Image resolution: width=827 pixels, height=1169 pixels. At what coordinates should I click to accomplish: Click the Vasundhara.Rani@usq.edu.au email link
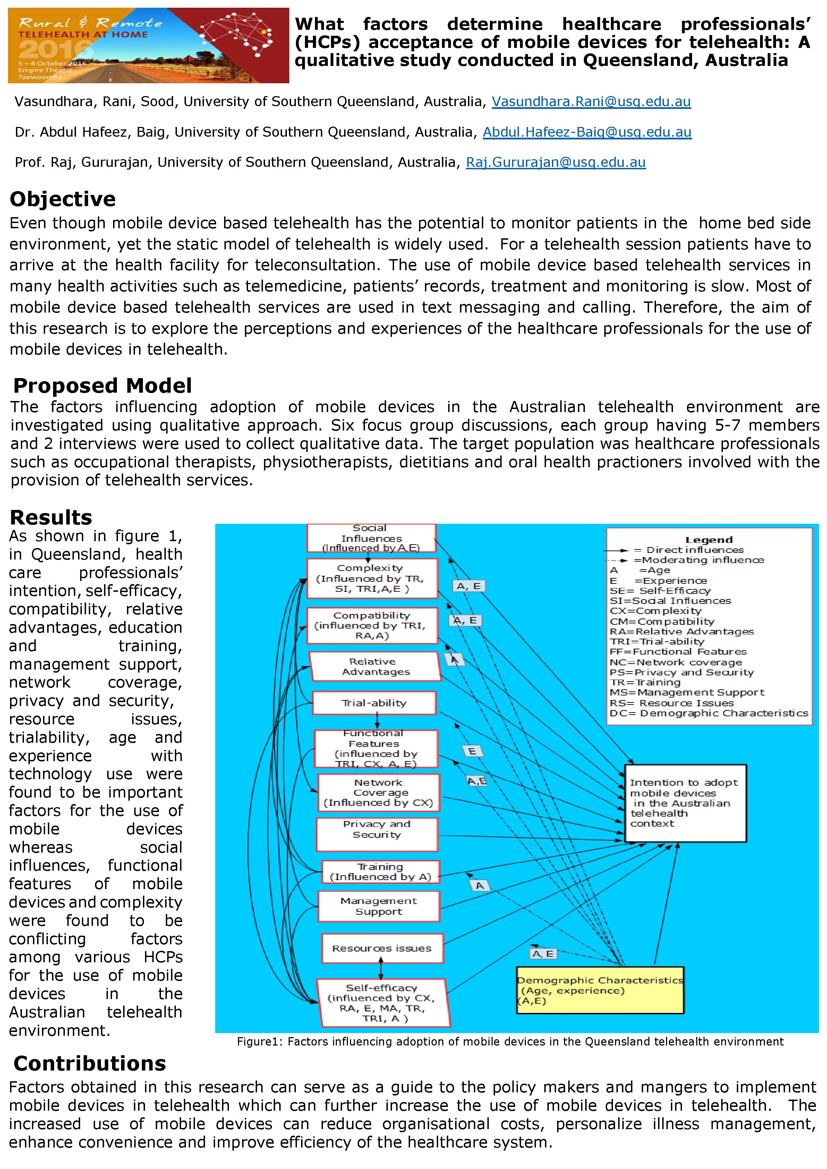click(591, 102)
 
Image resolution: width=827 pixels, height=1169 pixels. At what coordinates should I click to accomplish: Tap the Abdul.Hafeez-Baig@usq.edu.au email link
click(587, 133)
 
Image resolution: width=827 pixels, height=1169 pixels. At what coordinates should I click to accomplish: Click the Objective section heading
click(63, 199)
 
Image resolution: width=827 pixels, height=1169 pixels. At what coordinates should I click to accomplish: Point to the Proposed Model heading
click(102, 386)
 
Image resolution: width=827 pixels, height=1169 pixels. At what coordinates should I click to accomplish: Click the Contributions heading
click(89, 1064)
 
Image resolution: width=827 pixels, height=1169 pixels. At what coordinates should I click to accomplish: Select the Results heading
click(51, 517)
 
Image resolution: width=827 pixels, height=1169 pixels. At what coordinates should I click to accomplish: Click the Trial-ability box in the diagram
click(374, 703)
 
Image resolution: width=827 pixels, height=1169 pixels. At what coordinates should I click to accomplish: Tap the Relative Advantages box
click(376, 666)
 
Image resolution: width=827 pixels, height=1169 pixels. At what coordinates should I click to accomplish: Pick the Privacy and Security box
click(377, 834)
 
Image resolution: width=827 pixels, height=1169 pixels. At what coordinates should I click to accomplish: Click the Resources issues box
click(382, 948)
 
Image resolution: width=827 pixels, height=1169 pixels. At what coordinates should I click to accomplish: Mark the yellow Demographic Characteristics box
click(600, 990)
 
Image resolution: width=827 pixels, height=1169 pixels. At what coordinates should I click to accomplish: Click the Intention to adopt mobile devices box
click(685, 803)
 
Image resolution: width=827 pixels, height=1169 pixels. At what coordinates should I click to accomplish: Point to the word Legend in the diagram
click(709, 540)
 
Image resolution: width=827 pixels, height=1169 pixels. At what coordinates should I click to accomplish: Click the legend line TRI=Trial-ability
click(657, 641)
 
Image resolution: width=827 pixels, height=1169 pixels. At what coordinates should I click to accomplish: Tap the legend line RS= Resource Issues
click(671, 703)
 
